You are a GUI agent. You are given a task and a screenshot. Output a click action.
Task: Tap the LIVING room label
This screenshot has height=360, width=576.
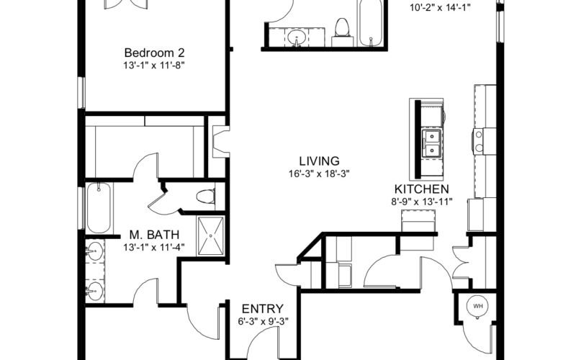319,161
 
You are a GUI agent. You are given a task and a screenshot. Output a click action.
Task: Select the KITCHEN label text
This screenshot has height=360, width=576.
421,189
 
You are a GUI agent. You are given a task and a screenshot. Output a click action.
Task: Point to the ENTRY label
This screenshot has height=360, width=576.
263,309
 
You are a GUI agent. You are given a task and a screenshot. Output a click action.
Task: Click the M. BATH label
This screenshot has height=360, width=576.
154,235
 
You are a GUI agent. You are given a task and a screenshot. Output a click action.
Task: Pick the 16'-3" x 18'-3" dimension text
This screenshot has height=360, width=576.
319,174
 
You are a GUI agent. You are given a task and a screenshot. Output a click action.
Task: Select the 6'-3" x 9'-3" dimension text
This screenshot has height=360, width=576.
263,321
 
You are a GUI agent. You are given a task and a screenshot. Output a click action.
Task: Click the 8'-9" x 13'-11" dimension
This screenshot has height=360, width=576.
421,202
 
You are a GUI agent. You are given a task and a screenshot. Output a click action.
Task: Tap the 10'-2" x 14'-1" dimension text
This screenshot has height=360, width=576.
440,8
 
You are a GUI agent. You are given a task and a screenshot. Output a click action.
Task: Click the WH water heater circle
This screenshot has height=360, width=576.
477,307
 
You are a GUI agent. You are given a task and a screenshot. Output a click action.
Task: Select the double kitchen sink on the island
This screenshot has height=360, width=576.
431,143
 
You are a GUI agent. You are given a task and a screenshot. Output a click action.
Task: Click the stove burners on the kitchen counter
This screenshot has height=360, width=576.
479,141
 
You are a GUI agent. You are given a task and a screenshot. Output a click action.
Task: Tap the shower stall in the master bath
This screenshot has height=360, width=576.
210,235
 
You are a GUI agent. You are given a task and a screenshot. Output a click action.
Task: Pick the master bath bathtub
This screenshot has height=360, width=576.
99,208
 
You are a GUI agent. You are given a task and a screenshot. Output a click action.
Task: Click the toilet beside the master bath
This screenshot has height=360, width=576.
206,196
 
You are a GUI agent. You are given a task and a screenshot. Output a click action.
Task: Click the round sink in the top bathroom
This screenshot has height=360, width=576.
297,37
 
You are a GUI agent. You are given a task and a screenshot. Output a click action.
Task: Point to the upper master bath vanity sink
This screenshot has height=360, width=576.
95,251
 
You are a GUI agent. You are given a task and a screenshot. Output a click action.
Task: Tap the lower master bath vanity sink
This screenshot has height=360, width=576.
95,292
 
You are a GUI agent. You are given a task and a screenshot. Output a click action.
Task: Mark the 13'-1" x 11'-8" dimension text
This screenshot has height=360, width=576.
154,66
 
